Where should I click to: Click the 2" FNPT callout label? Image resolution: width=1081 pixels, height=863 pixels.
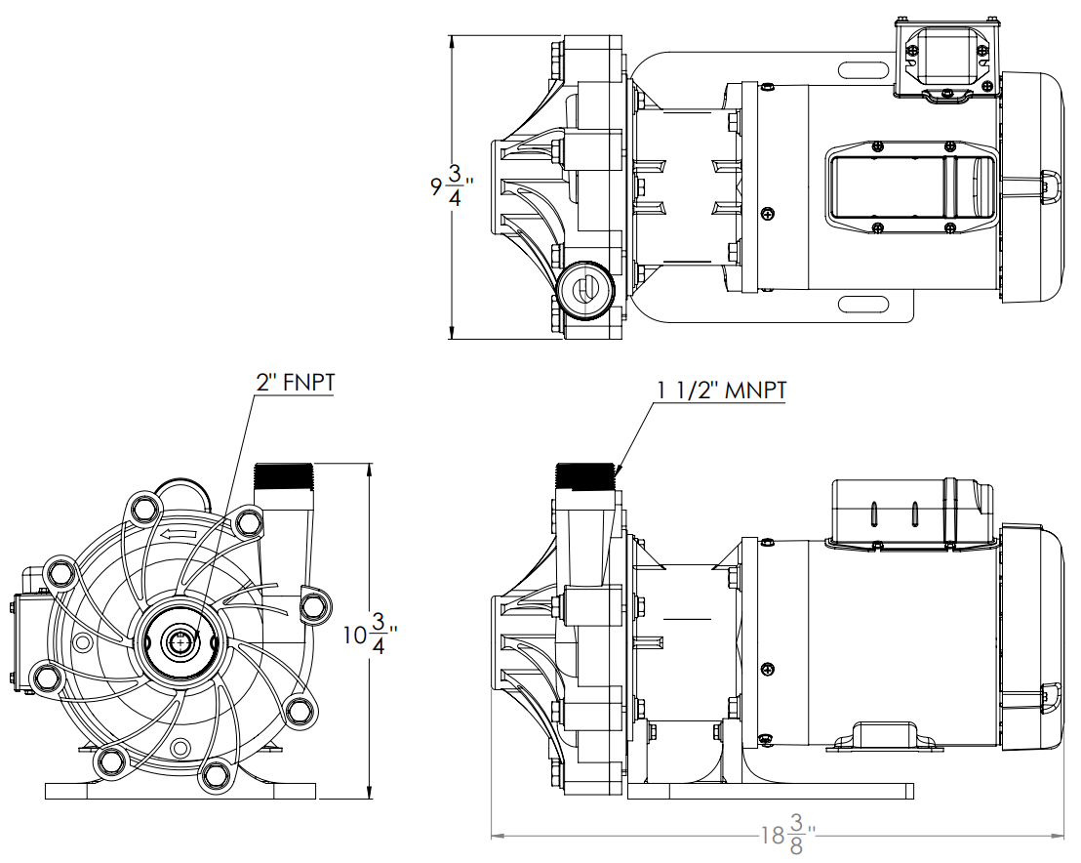(295, 382)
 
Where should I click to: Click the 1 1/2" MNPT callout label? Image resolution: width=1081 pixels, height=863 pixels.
(722, 390)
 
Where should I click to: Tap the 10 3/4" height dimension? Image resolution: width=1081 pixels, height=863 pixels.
(370, 634)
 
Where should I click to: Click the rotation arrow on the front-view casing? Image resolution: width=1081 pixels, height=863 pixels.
(178, 533)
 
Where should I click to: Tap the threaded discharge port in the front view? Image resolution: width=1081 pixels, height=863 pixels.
(283, 476)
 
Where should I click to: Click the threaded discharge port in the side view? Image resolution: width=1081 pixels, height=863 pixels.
(584, 476)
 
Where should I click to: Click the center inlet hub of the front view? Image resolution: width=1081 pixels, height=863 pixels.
(180, 641)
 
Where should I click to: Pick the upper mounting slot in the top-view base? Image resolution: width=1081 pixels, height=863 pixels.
(864, 69)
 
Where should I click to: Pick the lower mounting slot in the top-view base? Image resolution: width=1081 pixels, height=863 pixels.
(864, 305)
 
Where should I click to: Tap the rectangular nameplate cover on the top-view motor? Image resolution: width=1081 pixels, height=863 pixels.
(911, 187)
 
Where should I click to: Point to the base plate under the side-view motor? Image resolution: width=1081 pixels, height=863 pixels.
(771, 792)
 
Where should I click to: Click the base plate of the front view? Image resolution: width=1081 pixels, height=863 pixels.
(180, 792)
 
